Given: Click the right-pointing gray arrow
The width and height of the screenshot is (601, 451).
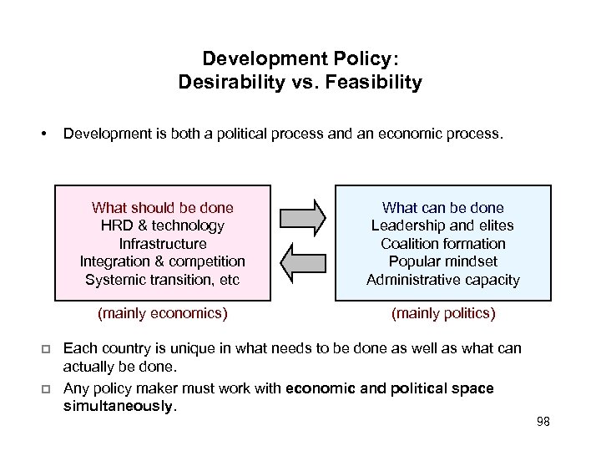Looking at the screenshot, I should pos(302,216).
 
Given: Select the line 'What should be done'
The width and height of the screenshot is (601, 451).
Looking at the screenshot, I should pos(163,208).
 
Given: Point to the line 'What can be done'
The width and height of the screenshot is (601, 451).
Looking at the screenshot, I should pos(442,208).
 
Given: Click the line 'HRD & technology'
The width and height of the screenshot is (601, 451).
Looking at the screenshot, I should pos(163,225).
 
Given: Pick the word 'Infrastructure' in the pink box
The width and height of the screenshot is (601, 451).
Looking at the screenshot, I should pos(163,244).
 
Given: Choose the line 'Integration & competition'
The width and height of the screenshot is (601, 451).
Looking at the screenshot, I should pos(163,261).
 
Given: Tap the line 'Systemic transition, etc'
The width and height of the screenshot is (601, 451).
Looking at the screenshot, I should pos(163,280).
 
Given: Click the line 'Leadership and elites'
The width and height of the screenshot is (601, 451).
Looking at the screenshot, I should pos(442,225).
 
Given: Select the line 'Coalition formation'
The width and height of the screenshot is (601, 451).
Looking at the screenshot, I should pos(442,244).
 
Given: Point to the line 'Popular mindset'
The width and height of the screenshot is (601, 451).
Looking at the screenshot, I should pos(442,261).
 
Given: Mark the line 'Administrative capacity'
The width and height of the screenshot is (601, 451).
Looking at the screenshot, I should pos(442,280).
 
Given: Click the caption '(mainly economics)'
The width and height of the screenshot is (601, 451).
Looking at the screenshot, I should pos(163,314).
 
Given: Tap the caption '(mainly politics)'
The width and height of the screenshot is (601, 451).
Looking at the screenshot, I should pos(443,314).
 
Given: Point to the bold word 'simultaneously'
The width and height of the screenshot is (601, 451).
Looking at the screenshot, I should pos(119,407).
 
